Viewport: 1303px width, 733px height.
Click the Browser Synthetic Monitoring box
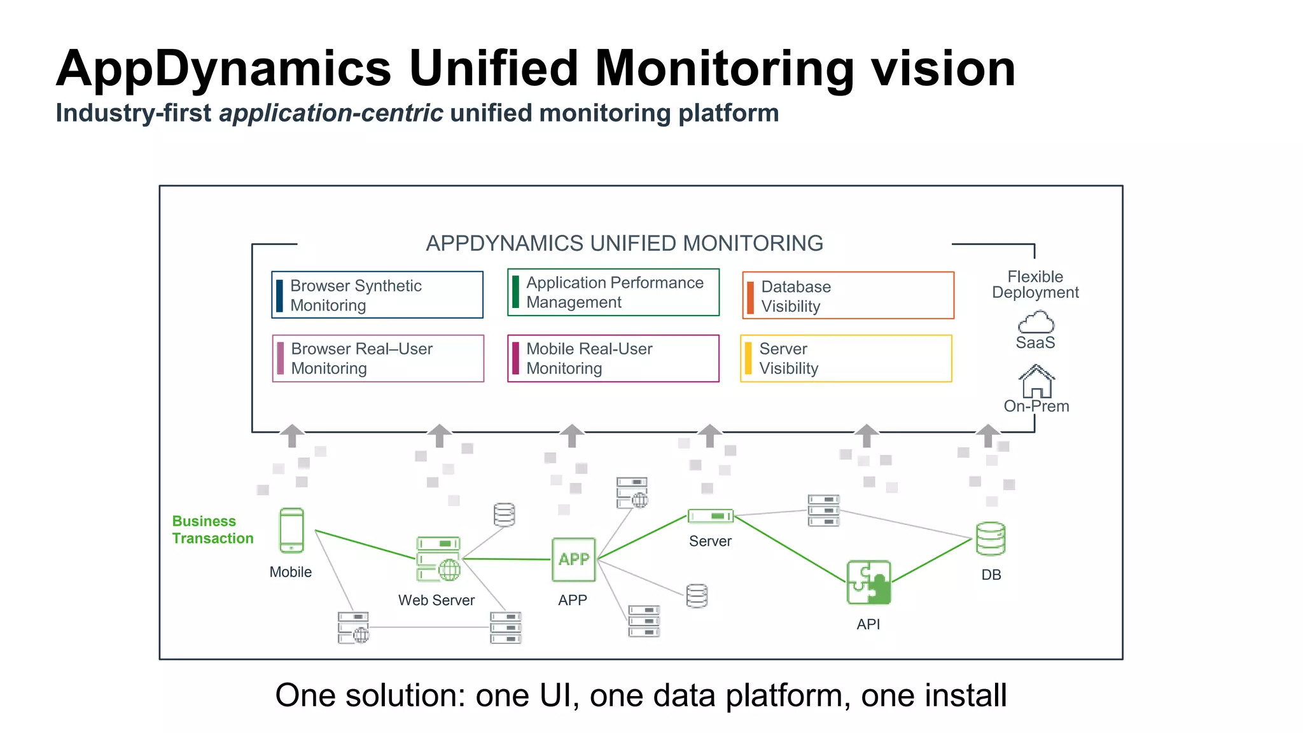(x=377, y=295)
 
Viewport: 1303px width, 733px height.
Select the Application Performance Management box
(x=613, y=293)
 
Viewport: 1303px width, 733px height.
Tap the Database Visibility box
(x=848, y=296)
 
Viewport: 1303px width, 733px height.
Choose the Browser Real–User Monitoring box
(x=378, y=359)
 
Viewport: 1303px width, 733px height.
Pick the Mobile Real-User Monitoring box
(x=613, y=359)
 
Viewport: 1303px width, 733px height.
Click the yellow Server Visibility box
(x=846, y=359)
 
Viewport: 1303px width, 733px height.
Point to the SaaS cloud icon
(x=1036, y=322)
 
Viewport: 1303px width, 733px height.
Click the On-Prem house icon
(x=1036, y=381)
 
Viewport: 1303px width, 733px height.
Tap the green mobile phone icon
(x=291, y=530)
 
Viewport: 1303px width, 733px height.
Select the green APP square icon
(x=574, y=559)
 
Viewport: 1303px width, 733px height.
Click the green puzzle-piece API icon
(x=869, y=582)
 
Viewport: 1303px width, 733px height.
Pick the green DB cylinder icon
(x=991, y=539)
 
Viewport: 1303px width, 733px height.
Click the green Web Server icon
(x=438, y=559)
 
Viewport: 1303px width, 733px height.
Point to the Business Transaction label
(x=213, y=530)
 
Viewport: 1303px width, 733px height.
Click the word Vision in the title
(x=943, y=69)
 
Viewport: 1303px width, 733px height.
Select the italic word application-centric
(x=331, y=113)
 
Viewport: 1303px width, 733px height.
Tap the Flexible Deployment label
(x=1035, y=284)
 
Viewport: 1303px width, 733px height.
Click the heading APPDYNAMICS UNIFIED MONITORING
(x=624, y=244)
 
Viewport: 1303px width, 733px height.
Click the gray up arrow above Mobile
(x=292, y=436)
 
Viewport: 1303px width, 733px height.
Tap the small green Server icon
(x=711, y=516)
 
